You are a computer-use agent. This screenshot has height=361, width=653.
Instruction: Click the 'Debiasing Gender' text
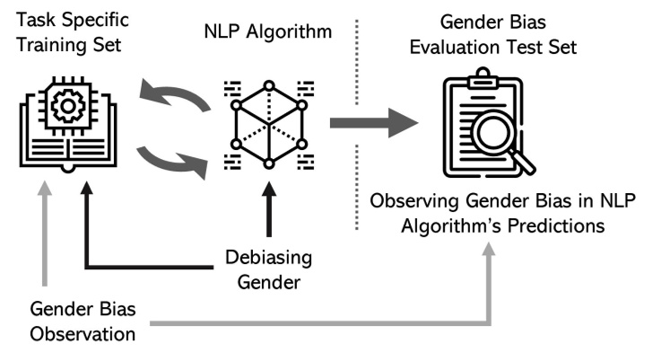coord(268,271)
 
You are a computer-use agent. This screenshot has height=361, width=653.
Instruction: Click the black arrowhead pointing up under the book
coord(87,188)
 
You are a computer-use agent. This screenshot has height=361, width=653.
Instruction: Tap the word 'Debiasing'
coord(268,259)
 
